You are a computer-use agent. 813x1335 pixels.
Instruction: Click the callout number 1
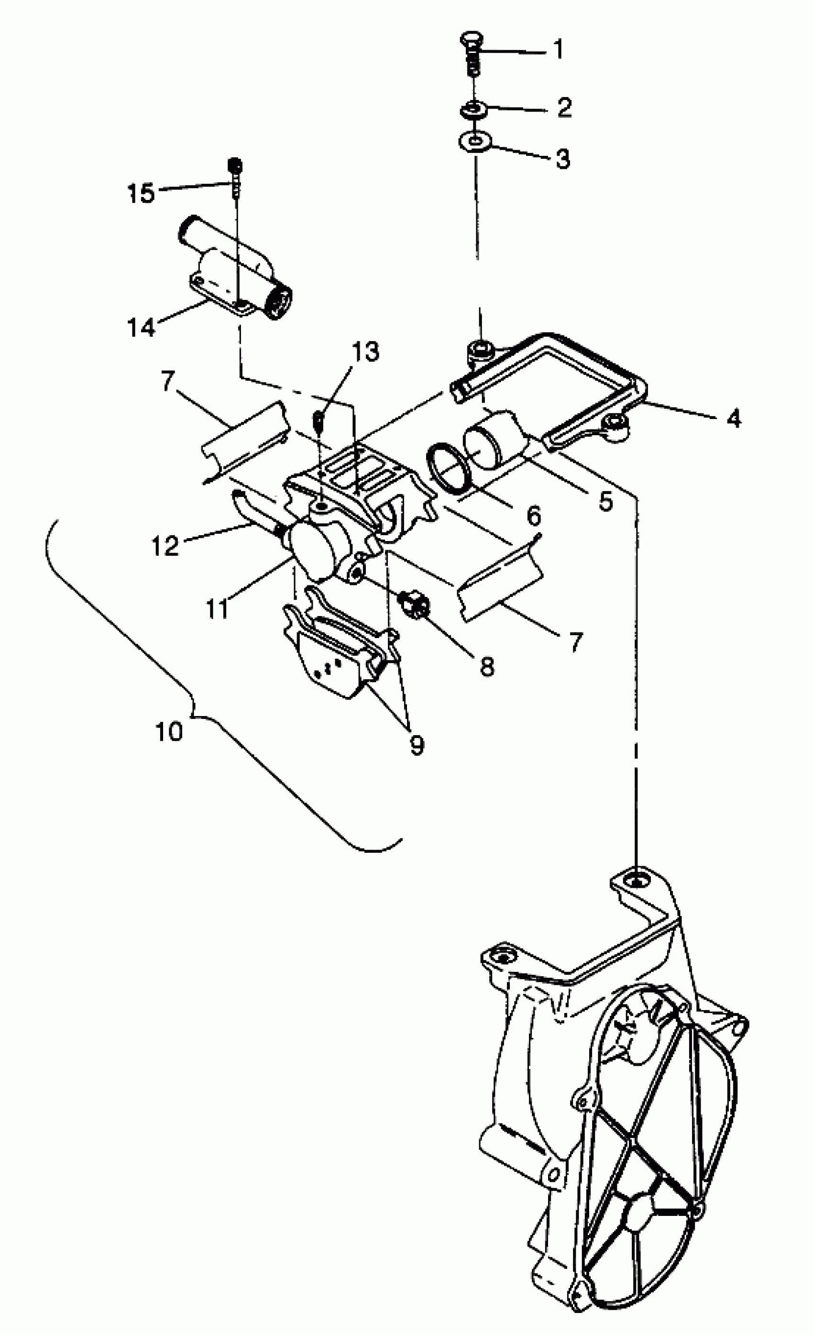pos(559,49)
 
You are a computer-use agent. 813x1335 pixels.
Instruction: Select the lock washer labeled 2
pos(474,110)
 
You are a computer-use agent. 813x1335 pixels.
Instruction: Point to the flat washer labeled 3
pos(475,143)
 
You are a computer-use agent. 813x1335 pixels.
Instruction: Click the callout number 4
pos(734,418)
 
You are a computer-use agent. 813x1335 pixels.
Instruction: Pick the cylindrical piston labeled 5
pos(495,441)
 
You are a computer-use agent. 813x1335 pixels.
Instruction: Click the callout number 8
pos(487,666)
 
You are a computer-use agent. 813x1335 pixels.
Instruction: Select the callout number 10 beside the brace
pos(169,732)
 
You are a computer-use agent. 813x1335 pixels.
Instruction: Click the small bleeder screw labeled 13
pos(319,420)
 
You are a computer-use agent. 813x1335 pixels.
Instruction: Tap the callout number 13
pos(365,352)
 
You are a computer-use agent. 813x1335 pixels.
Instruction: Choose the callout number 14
pos(141,327)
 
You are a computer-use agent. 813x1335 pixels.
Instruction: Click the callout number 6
pos(534,516)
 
